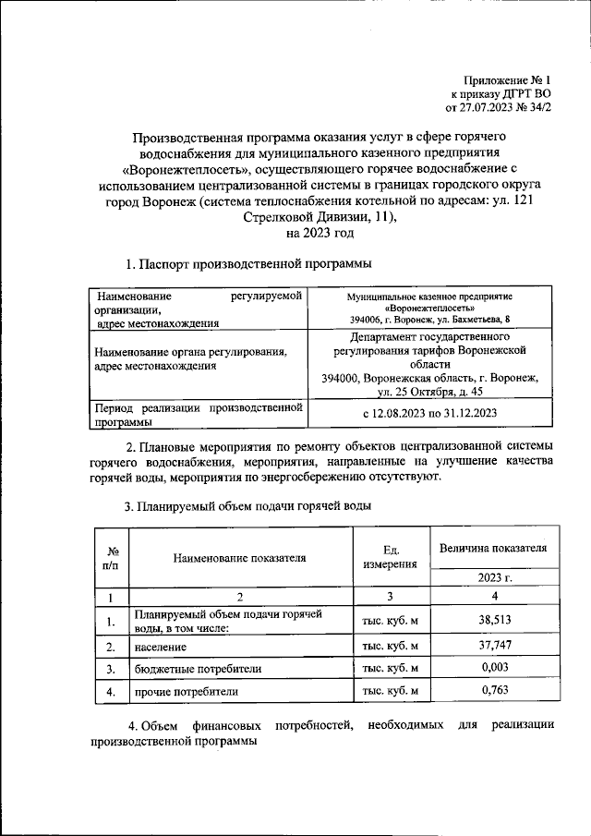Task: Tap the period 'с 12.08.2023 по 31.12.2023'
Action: tap(429, 413)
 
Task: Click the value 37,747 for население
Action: tap(495, 647)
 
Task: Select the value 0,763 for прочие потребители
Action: tap(495, 690)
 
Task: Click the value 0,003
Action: tap(495, 668)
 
